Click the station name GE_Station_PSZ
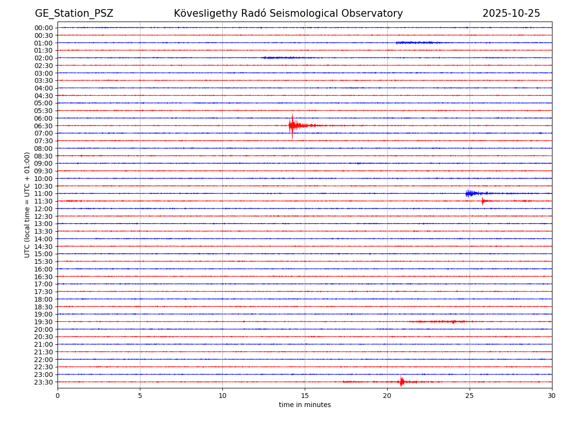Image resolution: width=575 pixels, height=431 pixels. [74, 13]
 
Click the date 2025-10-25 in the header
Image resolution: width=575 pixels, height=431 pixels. [511, 13]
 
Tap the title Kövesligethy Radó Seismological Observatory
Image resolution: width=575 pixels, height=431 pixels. [288, 13]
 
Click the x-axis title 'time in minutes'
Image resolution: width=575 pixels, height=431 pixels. [305, 405]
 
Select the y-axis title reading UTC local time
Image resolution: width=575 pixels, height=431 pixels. [27, 204]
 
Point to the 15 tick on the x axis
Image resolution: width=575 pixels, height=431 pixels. [305, 396]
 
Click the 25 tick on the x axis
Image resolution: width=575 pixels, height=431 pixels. [470, 396]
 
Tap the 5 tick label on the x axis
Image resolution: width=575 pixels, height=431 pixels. [140, 396]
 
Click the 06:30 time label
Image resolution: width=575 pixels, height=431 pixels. [44, 126]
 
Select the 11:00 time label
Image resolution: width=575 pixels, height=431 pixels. [44, 193]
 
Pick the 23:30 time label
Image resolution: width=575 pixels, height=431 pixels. [44, 382]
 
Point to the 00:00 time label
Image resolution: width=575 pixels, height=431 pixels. [44, 28]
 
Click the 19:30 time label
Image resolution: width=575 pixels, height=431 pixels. [44, 322]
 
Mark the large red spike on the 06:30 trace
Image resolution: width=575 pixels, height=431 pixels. [292, 125]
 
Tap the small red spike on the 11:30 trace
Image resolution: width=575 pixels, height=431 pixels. [483, 201]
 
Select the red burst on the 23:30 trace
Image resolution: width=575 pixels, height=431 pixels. [402, 382]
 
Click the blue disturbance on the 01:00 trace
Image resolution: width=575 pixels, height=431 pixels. [415, 43]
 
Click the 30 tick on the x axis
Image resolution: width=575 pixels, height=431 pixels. [552, 396]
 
